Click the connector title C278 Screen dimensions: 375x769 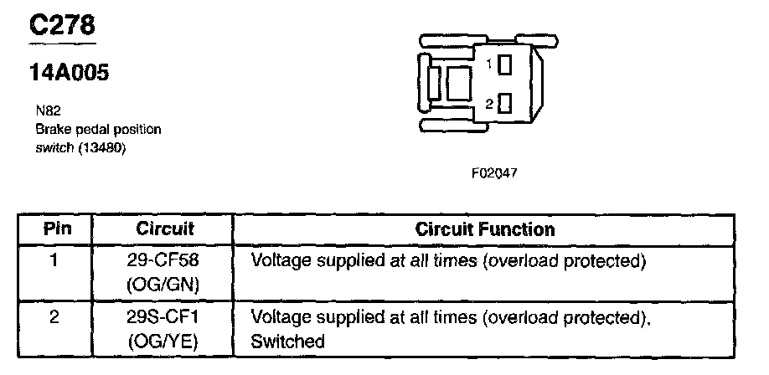click(x=63, y=26)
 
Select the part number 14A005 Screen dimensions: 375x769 click(x=69, y=74)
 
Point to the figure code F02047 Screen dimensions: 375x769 click(x=494, y=175)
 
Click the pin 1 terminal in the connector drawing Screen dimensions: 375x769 click(x=505, y=64)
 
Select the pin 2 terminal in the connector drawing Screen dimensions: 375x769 click(x=504, y=104)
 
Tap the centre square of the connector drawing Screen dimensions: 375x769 click(x=459, y=84)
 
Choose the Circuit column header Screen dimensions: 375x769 click(x=165, y=229)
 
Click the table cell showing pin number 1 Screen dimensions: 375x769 click(x=54, y=260)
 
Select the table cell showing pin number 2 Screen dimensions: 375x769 click(x=54, y=318)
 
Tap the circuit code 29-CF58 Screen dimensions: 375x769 click(x=164, y=261)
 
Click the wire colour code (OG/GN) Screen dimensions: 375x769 click(x=164, y=285)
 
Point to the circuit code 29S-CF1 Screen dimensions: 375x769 click(x=164, y=319)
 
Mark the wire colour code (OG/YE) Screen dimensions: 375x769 click(x=164, y=342)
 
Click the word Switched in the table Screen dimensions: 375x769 click(x=287, y=342)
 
